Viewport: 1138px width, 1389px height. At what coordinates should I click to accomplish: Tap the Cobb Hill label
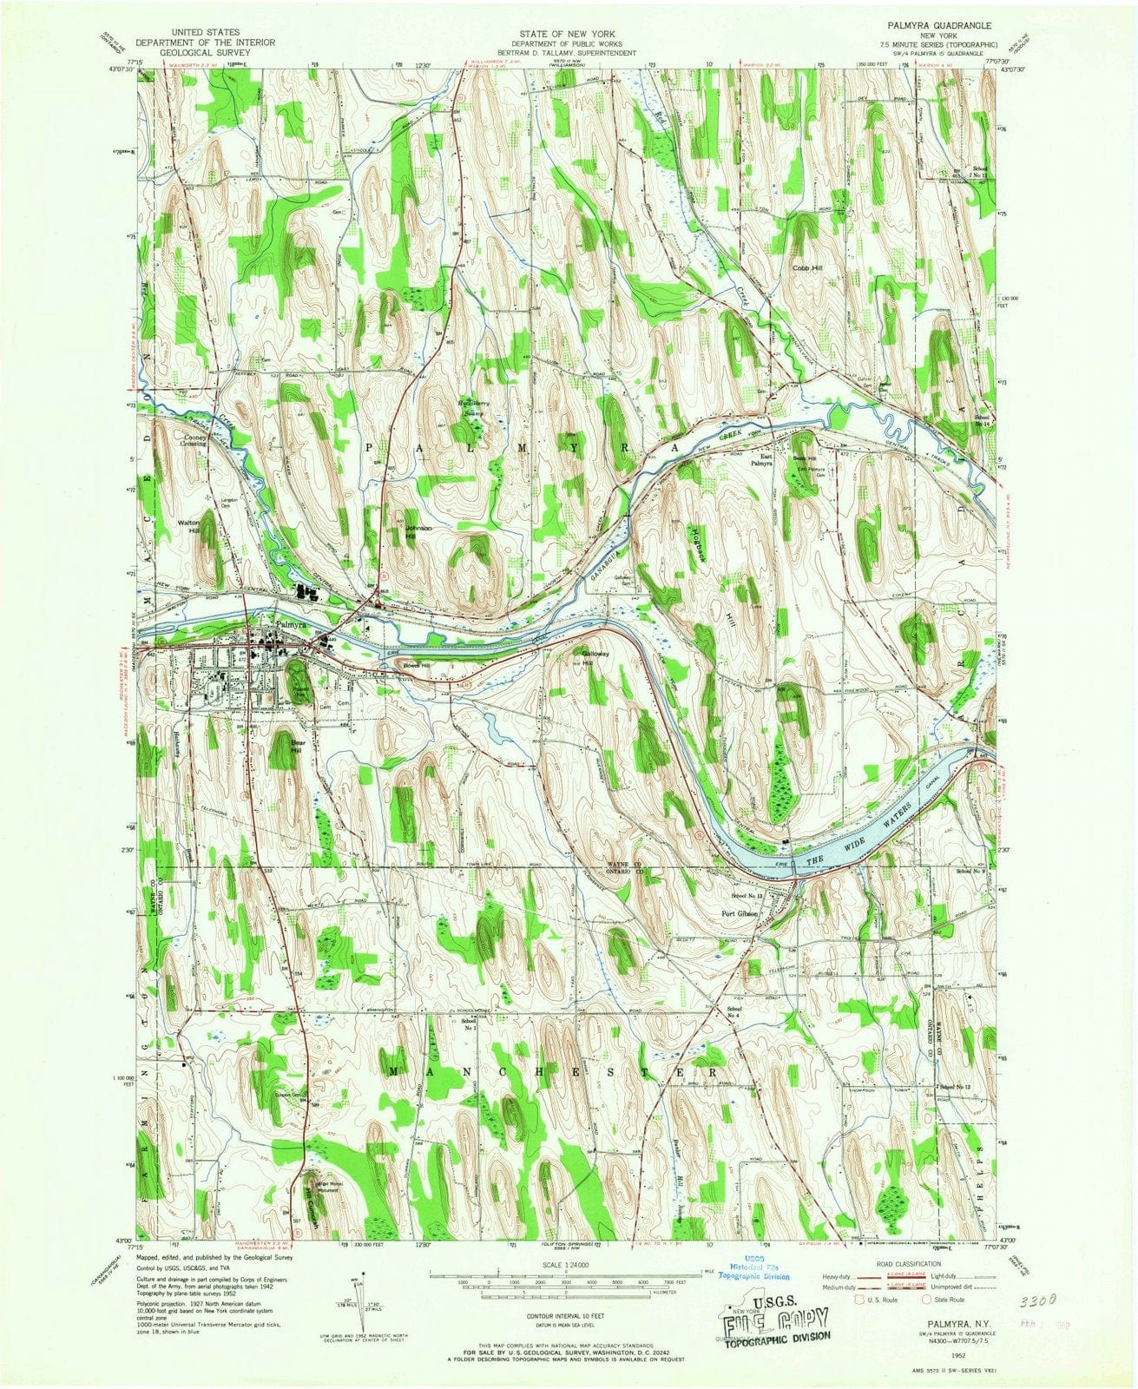(806, 268)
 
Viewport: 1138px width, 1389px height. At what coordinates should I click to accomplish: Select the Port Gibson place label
(740, 912)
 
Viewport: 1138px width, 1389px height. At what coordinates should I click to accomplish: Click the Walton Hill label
(189, 527)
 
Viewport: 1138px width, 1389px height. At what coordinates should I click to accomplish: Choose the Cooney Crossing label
(194, 440)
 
